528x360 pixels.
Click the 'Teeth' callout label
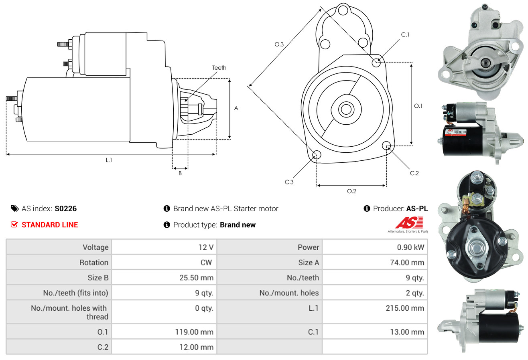pos(219,68)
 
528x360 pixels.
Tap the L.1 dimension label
pos(109,160)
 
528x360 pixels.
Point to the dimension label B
pos(180,174)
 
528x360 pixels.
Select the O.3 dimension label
pos(279,44)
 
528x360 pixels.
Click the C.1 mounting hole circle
pos(376,63)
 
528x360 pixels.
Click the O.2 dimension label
pos(351,191)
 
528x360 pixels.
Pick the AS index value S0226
pos(65,208)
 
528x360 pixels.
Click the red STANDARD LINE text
pos(50,225)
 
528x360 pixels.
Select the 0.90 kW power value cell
pos(410,247)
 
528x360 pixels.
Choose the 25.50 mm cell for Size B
pos(197,277)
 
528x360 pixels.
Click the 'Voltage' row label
pos(95,247)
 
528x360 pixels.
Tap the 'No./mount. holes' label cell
pos(289,293)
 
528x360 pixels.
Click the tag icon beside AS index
pos(14,208)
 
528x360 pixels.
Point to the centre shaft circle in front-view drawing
pos(345,109)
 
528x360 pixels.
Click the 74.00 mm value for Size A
pos(407,263)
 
